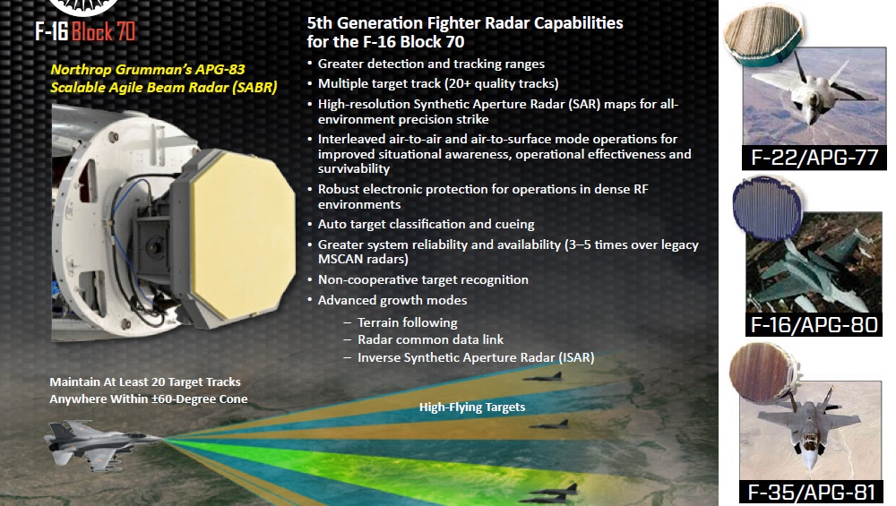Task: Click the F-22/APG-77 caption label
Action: click(814, 157)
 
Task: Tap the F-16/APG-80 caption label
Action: click(814, 325)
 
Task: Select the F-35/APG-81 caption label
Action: click(812, 493)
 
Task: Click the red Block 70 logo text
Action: click(103, 31)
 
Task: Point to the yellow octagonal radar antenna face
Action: click(243, 223)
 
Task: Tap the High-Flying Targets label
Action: click(472, 407)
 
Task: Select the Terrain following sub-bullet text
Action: click(408, 322)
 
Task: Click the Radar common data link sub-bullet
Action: click(430, 339)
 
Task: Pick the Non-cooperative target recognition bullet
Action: click(423, 279)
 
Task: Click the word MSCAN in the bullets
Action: click(337, 260)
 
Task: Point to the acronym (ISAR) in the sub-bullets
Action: click(576, 357)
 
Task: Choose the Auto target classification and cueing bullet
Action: click(426, 225)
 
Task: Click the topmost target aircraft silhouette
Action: click(543, 377)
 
